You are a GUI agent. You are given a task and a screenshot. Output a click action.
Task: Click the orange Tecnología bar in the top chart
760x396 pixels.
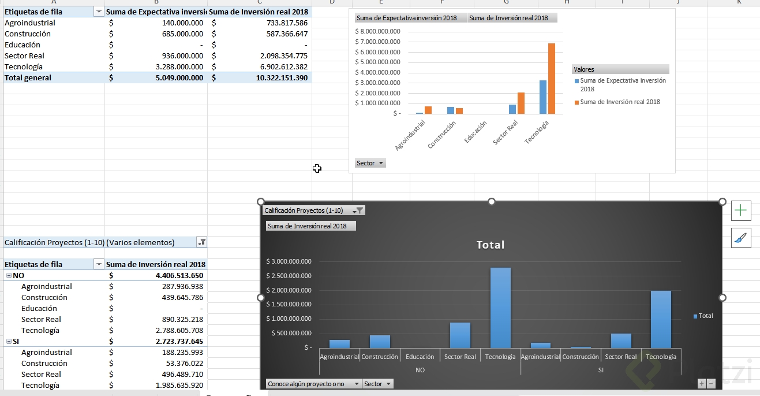click(x=551, y=79)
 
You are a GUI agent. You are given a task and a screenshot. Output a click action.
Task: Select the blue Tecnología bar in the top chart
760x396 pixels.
click(x=543, y=97)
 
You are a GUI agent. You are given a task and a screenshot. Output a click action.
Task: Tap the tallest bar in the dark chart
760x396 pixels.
click(x=500, y=308)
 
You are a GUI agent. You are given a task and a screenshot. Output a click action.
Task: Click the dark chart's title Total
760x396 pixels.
click(x=491, y=245)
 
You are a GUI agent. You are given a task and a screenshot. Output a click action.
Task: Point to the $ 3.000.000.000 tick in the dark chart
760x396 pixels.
click(x=289, y=261)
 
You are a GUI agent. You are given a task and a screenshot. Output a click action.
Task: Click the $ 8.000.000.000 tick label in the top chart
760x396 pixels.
click(x=378, y=31)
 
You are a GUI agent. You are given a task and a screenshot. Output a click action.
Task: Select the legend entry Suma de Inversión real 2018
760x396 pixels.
click(x=619, y=102)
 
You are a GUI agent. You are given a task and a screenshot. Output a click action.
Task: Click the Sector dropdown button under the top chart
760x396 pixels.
click(x=370, y=163)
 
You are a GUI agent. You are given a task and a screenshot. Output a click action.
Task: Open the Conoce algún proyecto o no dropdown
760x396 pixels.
click(x=314, y=384)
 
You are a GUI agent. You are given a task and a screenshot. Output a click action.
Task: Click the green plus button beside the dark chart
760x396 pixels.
click(x=741, y=211)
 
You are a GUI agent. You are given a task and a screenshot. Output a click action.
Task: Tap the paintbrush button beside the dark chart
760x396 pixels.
click(x=741, y=238)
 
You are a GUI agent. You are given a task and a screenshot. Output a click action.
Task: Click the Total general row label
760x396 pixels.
click(x=28, y=78)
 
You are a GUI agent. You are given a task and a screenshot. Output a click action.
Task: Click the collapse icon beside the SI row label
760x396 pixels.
click(x=8, y=342)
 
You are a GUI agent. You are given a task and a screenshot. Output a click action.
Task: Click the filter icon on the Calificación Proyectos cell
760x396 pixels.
click(x=201, y=243)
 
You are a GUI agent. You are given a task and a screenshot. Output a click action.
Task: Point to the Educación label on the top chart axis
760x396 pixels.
click(x=476, y=132)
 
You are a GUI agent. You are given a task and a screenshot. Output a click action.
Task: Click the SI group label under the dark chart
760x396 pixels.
click(x=601, y=370)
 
